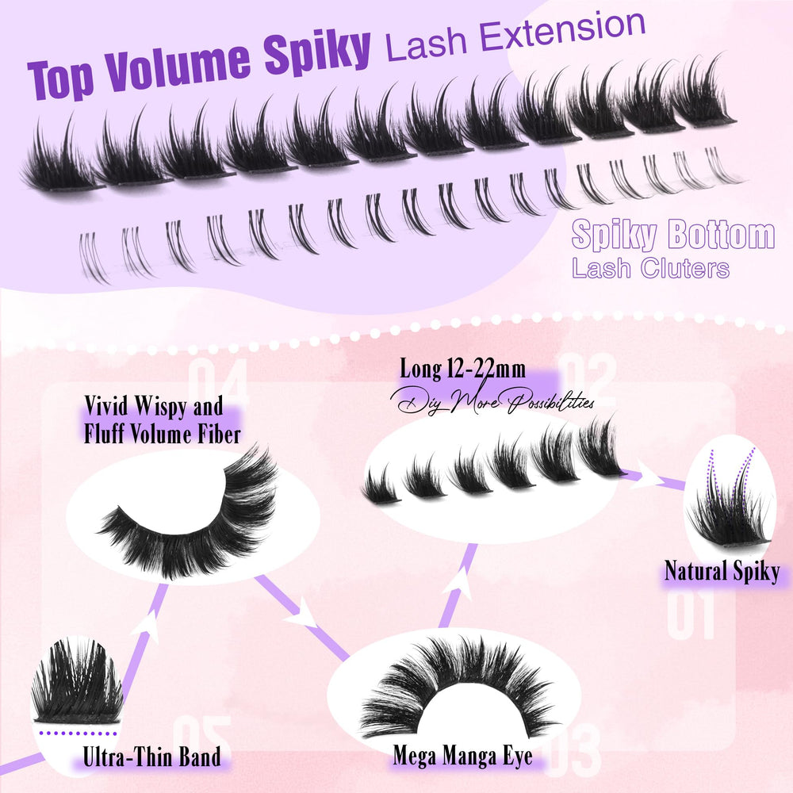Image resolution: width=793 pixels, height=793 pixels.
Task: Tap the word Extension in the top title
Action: click(x=562, y=32)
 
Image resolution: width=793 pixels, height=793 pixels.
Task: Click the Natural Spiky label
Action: click(x=722, y=572)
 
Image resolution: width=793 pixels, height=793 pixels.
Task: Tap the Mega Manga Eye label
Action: click(x=463, y=756)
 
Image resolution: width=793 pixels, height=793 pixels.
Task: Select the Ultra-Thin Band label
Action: click(x=151, y=757)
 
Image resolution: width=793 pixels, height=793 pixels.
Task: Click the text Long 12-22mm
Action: click(x=462, y=370)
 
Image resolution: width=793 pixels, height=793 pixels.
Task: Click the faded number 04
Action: click(x=219, y=382)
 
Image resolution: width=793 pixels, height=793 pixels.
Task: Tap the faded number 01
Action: click(x=691, y=615)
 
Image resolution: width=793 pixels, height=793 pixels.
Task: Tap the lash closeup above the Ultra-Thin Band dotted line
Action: click(x=77, y=680)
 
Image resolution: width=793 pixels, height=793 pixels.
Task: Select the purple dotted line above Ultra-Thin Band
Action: click(x=78, y=733)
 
